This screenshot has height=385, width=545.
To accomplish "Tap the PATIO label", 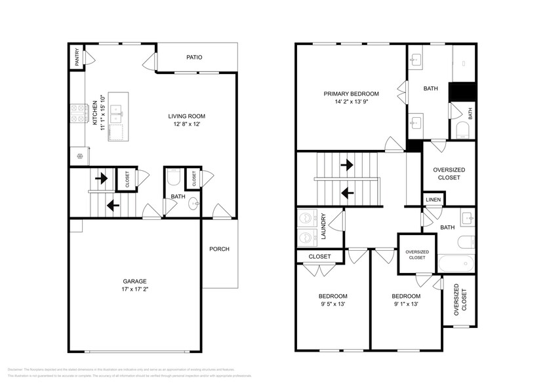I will click(193, 58).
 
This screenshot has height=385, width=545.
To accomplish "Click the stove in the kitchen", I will click(79, 113).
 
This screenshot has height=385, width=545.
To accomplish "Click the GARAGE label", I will click(132, 281).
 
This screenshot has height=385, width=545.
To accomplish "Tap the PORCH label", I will click(219, 249).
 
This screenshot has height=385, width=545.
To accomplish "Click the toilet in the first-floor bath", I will click(174, 177).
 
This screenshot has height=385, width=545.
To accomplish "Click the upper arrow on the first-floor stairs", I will click(102, 177).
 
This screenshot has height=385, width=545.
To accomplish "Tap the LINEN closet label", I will click(433, 200).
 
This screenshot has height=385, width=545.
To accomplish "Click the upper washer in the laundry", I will click(305, 219).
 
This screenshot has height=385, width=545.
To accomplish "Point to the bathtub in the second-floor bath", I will click(457, 265).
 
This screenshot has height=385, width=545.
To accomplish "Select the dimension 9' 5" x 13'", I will click(333, 304).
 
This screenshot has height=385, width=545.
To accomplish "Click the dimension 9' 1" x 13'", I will click(405, 304).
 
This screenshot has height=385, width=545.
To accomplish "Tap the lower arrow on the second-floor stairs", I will click(348, 193).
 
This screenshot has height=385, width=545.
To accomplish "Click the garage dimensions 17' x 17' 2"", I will click(132, 289).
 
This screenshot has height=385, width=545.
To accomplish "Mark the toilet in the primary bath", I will click(462, 130).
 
